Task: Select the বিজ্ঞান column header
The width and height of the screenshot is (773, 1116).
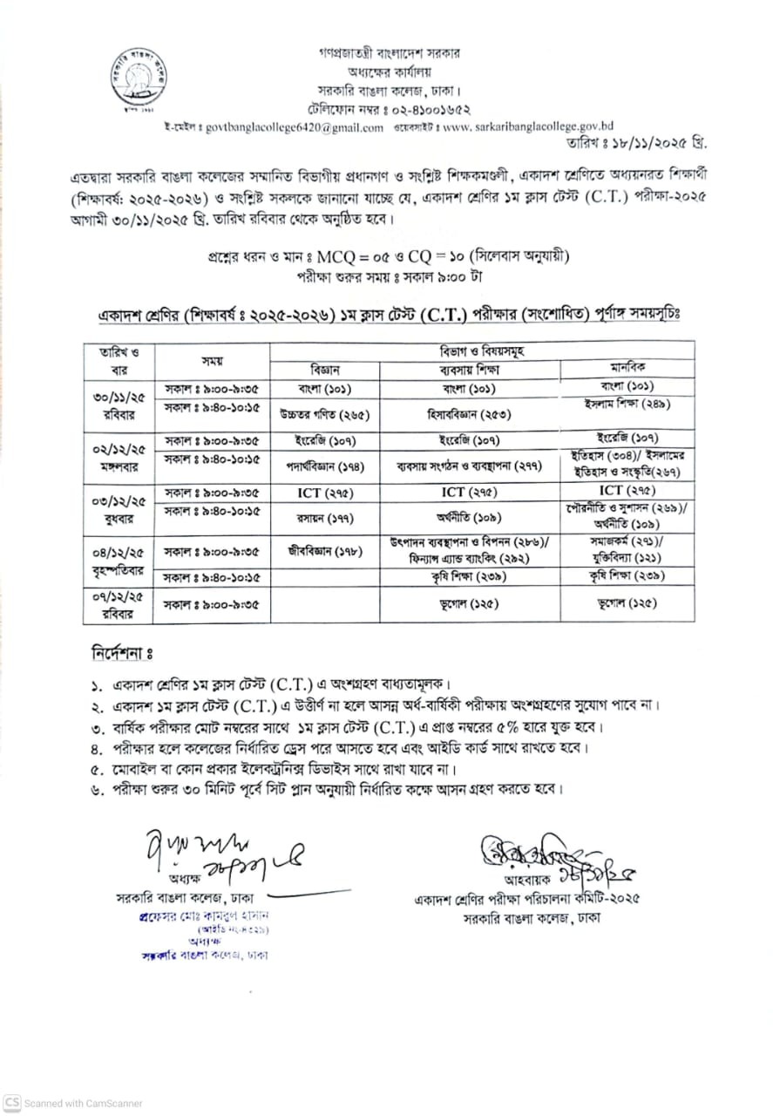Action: click(x=325, y=368)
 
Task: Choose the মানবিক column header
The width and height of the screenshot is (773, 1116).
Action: click(x=627, y=368)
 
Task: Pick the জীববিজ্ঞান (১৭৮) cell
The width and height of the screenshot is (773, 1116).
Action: click(x=324, y=550)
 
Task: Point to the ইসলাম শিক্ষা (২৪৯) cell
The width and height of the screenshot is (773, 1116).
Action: click(x=627, y=404)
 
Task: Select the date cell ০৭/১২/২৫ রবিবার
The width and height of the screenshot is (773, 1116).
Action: click(x=119, y=605)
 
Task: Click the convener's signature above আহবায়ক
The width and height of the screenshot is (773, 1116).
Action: click(x=549, y=854)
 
